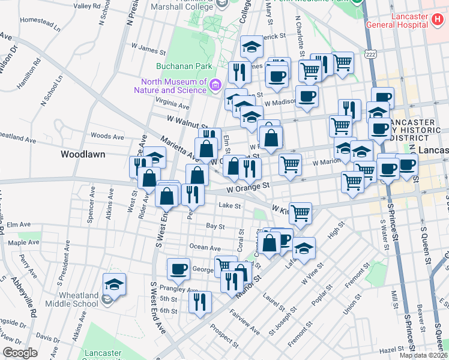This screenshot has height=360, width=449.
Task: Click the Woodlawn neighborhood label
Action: pyautogui.click(x=83, y=154)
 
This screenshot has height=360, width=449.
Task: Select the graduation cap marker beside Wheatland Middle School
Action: pyautogui.click(x=114, y=284)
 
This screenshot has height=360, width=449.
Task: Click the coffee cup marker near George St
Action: pyautogui.click(x=178, y=269)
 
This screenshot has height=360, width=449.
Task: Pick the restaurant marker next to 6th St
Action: pyautogui.click(x=200, y=302)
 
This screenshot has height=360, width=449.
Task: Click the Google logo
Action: pyautogui.click(x=20, y=353)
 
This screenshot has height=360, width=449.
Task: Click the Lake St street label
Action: pyautogui.click(x=229, y=206)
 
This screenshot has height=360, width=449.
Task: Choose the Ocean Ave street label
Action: pyautogui.click(x=205, y=247)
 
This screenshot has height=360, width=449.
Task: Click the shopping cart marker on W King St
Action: pyautogui.click(x=300, y=212)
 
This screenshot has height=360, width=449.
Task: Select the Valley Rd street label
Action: pyautogui.click(x=86, y=6)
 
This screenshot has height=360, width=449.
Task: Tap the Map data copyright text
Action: pyautogui.click(x=424, y=355)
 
